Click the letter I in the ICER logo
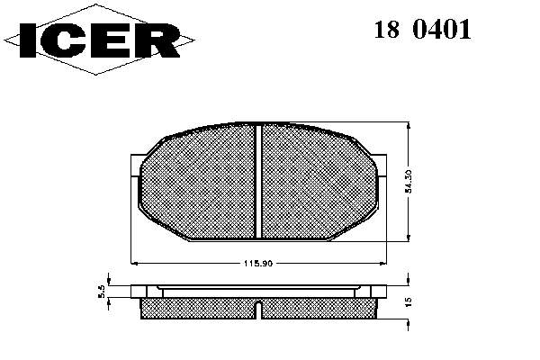coord(28,40)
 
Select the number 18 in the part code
coord(387,30)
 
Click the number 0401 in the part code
coord(442,30)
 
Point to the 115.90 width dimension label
coord(258,264)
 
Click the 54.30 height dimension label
coord(409,181)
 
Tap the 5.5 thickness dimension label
coord(101,292)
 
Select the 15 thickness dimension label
coord(409,302)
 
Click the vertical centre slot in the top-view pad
coord(258,182)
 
